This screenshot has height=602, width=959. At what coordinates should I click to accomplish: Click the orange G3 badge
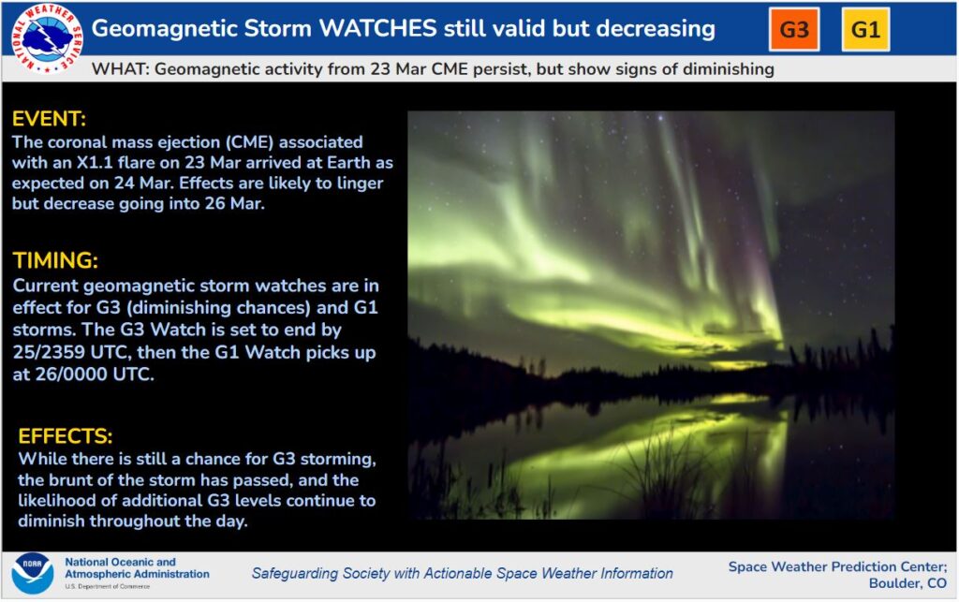tap(794, 29)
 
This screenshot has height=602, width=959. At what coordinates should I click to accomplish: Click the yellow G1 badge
tap(865, 29)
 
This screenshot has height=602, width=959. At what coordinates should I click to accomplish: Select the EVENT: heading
tap(49, 120)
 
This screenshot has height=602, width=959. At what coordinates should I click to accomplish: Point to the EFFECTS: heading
tap(66, 436)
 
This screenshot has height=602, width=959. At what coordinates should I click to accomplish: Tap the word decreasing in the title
tap(638, 28)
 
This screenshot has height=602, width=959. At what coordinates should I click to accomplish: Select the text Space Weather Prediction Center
tap(836, 566)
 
